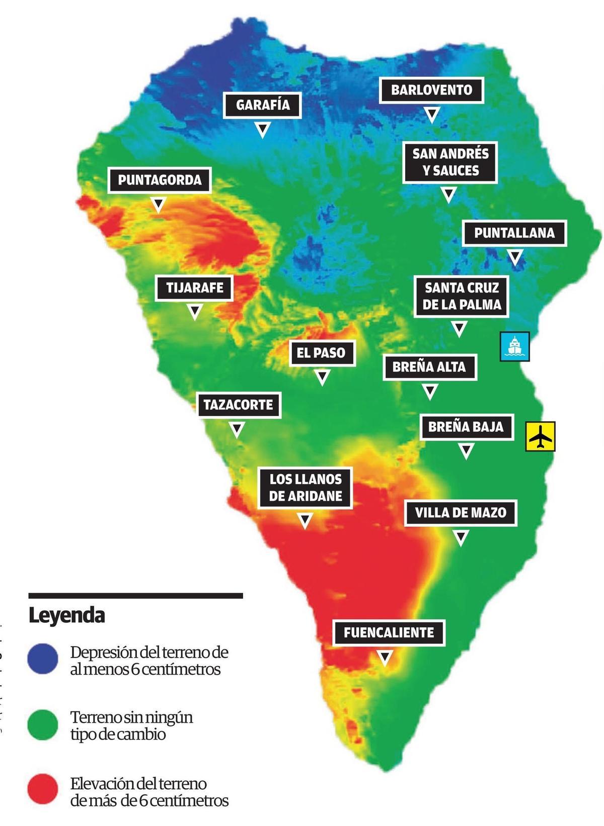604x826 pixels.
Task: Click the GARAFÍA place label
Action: click(262, 105)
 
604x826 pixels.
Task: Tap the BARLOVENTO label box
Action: click(431, 90)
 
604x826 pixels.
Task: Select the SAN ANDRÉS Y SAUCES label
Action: click(450, 162)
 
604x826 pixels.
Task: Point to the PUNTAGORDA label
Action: click(159, 180)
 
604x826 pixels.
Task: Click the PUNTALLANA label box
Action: click(514, 233)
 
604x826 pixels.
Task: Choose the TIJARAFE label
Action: click(195, 288)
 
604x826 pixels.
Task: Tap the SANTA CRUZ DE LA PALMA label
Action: click(461, 296)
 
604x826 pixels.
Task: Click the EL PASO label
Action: click(322, 352)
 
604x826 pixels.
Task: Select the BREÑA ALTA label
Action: click(429, 366)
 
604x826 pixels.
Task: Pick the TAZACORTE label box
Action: click(238, 404)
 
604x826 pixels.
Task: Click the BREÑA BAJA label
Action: click(466, 427)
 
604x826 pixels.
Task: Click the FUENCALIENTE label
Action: click(389, 632)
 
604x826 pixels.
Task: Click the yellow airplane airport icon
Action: click(541, 436)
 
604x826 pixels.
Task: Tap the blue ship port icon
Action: click(515, 346)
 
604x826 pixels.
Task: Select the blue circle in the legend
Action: click(43, 659)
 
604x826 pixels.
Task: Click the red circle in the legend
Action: click(43, 789)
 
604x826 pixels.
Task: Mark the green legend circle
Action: click(43, 724)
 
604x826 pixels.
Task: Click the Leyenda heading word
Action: click(66, 615)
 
